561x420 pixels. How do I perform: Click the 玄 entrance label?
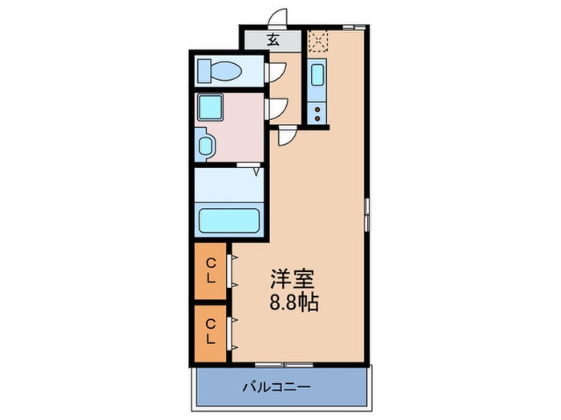click(272, 39)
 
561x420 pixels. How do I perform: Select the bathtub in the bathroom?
click(228, 219)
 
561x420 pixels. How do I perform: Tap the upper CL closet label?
click(211, 270)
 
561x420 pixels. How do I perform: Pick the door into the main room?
click(285, 136)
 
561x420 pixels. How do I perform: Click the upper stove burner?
click(317, 109)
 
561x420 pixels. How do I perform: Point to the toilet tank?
click(203, 71)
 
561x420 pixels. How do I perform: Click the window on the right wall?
click(368, 210)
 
